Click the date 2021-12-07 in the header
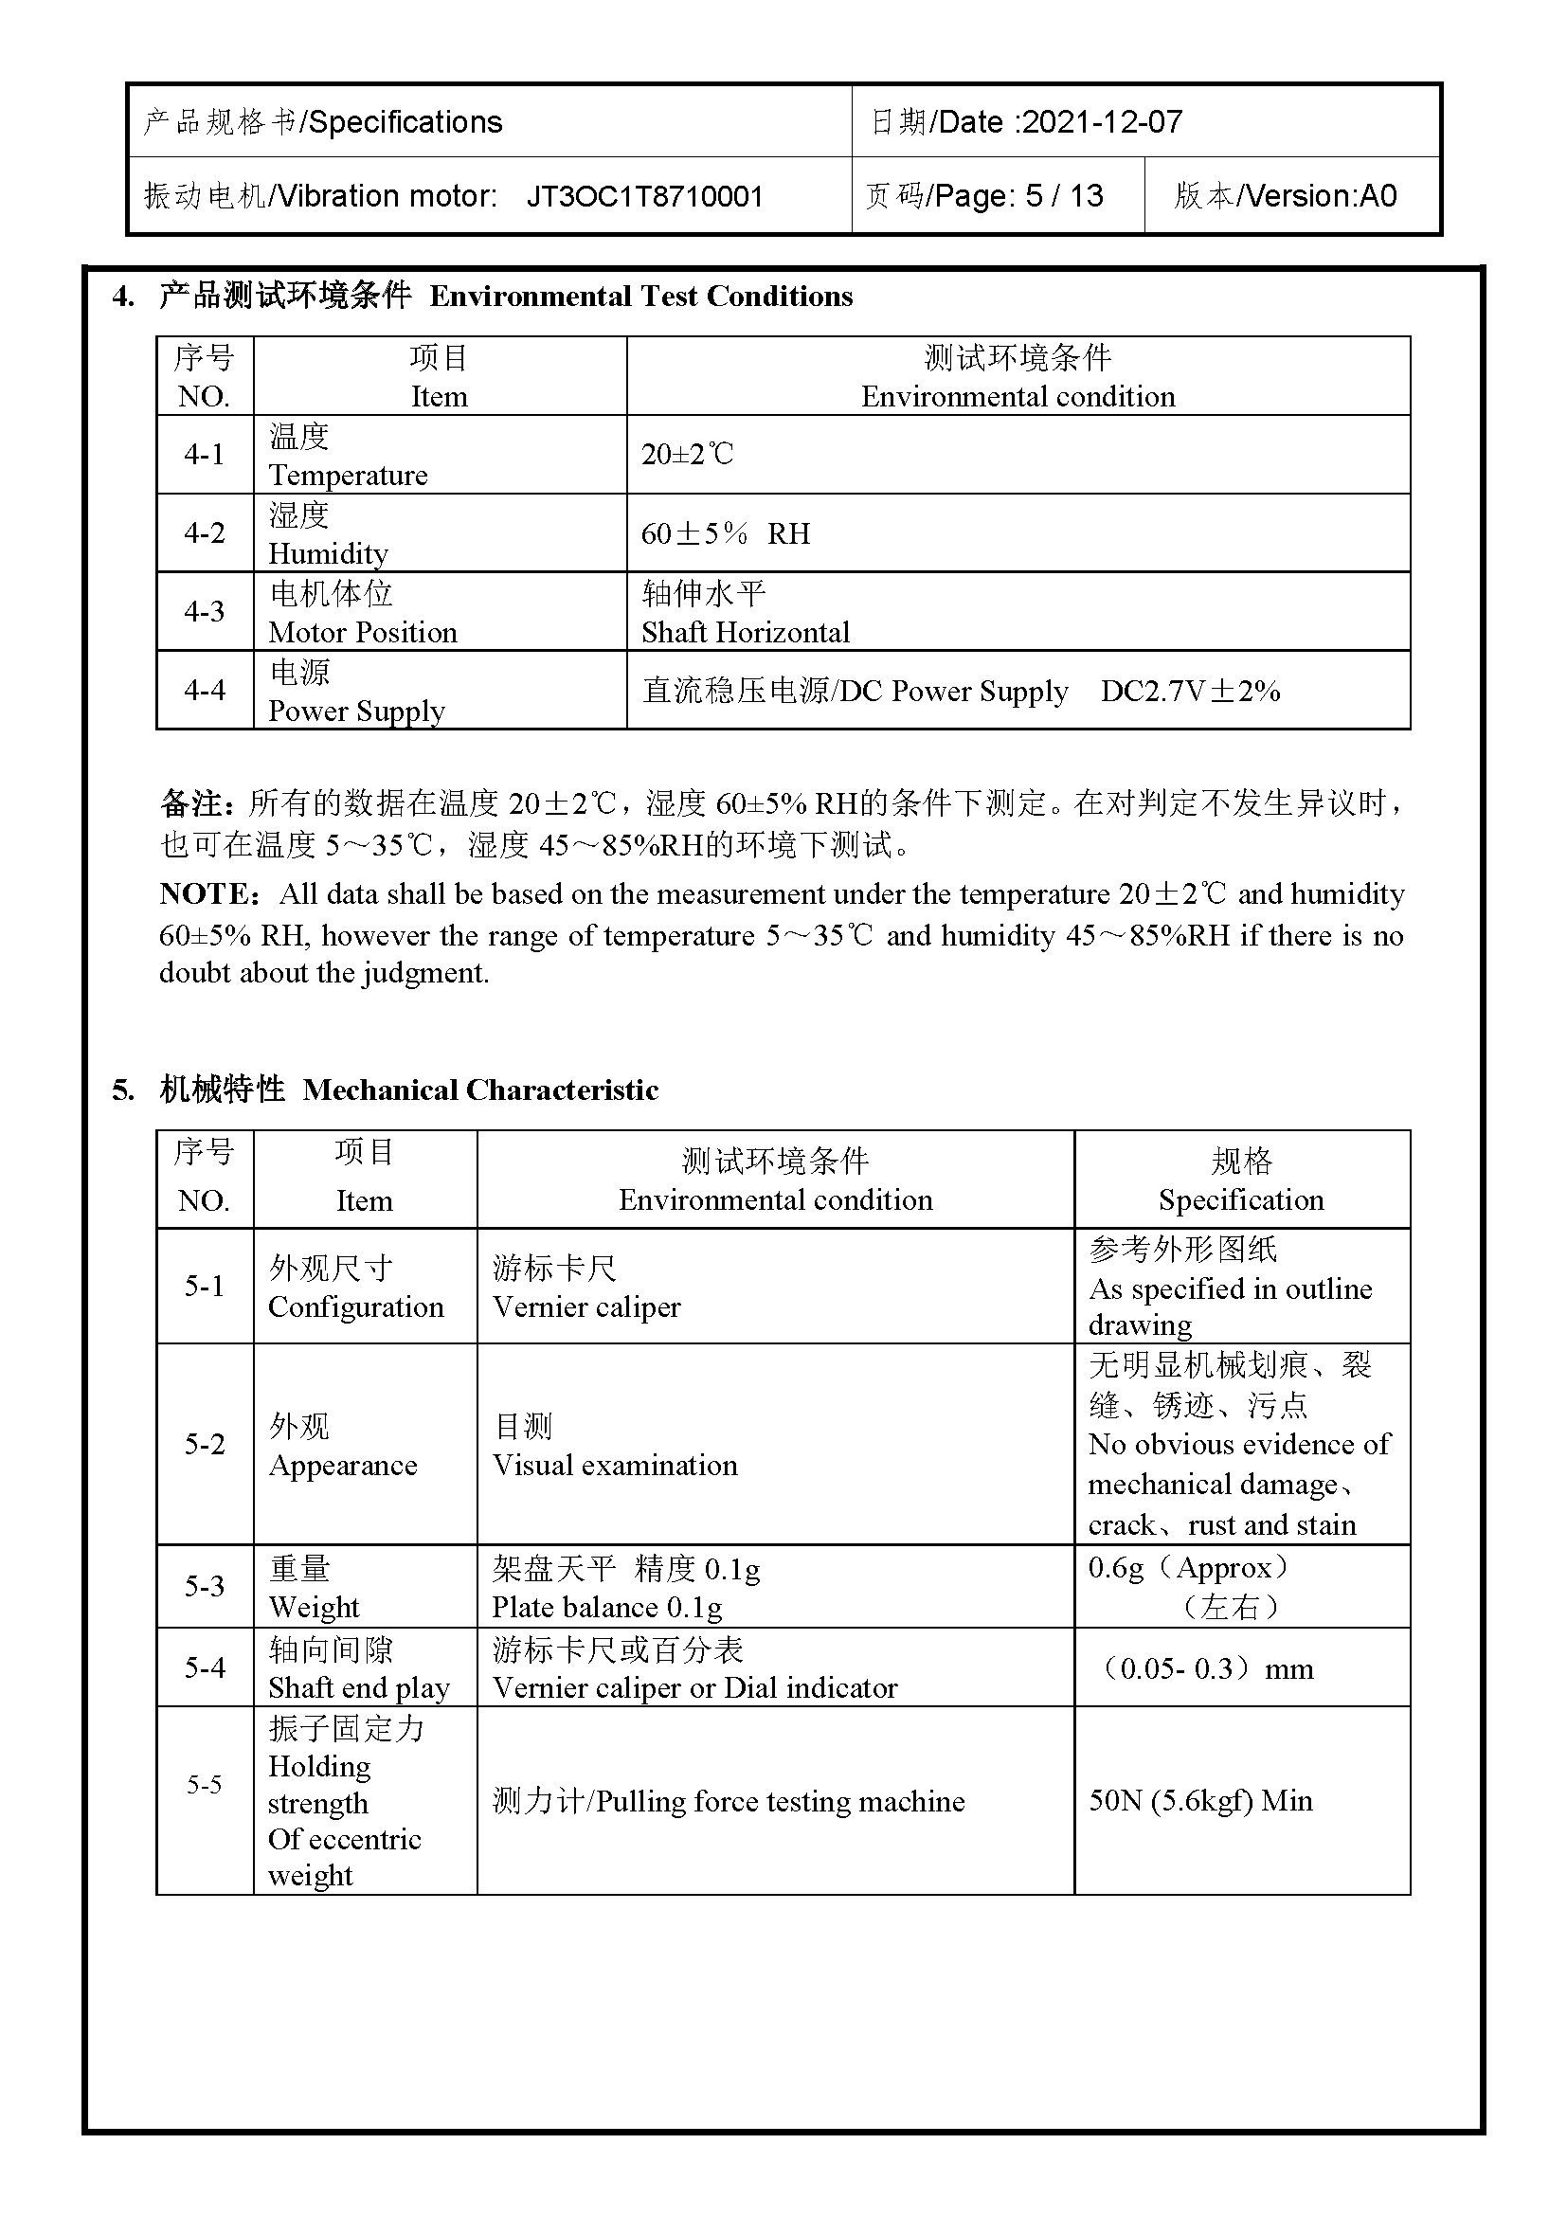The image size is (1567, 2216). click(x=1102, y=121)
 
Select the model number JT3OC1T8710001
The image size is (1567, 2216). click(x=644, y=197)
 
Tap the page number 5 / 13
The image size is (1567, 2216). click(x=1063, y=196)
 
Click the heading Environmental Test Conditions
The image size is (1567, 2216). click(x=640, y=297)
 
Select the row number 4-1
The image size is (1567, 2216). click(x=204, y=454)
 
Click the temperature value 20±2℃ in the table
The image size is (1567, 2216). click(x=687, y=454)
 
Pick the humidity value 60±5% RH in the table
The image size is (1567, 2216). click(x=726, y=532)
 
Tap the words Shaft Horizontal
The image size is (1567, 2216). click(x=745, y=632)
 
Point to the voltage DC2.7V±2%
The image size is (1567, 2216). click(x=1190, y=691)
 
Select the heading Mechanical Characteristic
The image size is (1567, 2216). click(x=479, y=1090)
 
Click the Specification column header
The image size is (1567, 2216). click(x=1241, y=1199)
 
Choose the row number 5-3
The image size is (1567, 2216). click(x=204, y=1586)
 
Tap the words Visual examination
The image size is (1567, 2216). click(x=615, y=1465)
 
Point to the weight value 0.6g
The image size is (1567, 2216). click(x=1114, y=1567)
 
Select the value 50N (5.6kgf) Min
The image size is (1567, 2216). click(x=1200, y=1800)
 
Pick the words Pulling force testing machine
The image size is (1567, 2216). click(x=780, y=1801)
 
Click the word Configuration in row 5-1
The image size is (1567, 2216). click(x=356, y=1306)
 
